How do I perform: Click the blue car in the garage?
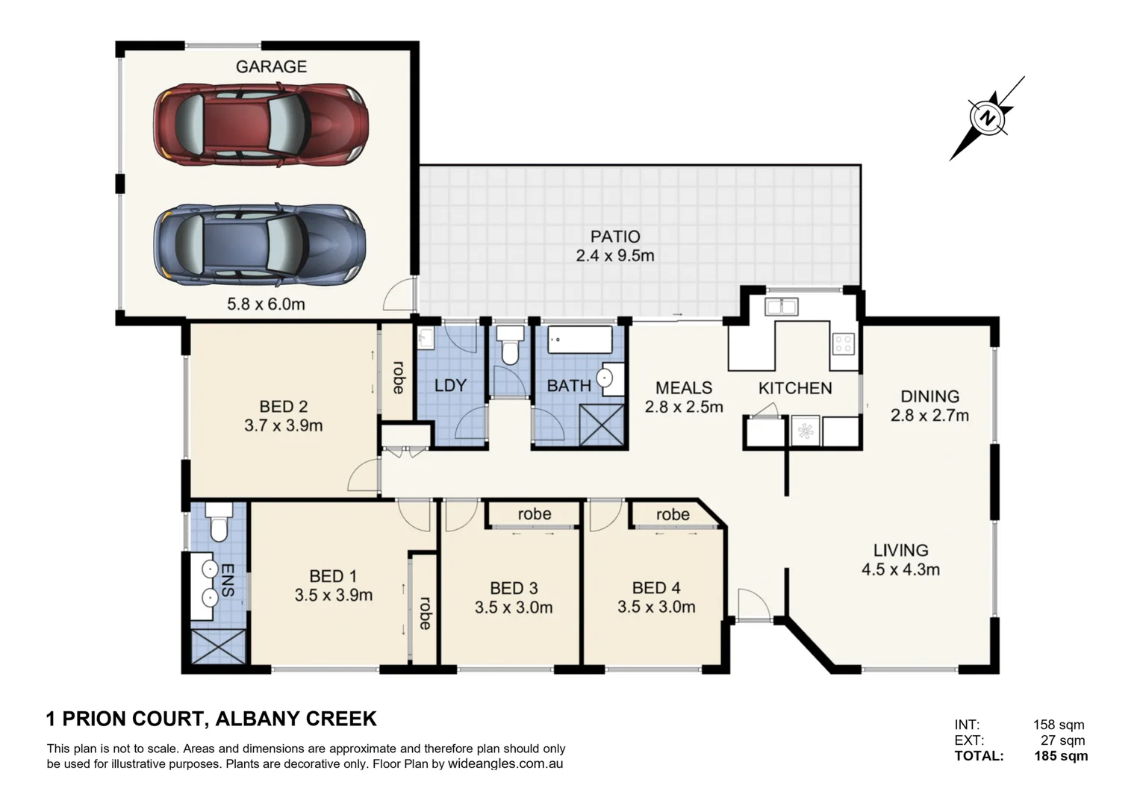261,243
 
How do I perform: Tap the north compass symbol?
988,118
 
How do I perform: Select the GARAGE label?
271,66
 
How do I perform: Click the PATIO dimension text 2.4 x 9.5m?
614,256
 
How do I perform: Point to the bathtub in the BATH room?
579,340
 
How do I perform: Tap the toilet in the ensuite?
218,522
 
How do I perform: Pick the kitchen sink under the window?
781,306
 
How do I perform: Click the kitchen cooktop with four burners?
844,343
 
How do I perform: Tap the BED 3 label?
514,589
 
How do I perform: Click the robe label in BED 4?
673,514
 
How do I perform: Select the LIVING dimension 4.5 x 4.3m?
900,570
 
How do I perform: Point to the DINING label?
929,396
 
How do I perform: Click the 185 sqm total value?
1060,756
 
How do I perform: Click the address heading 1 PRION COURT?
125,719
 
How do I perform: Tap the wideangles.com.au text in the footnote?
505,764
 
